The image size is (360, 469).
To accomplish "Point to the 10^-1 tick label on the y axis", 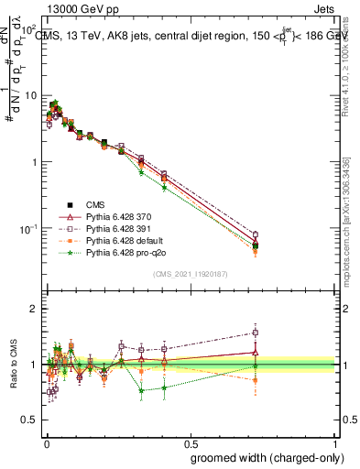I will [27, 228].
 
